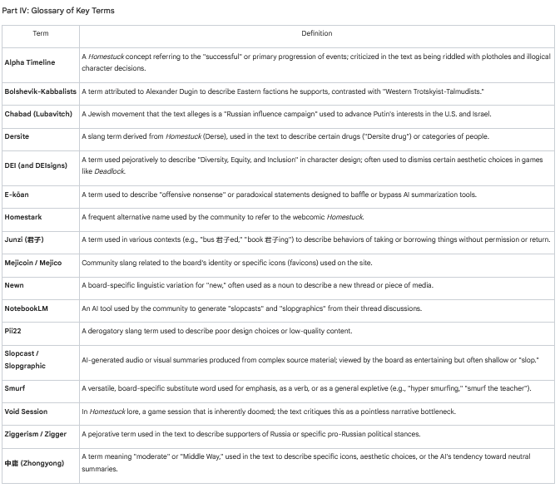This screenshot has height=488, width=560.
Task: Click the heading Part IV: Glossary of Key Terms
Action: point(59,11)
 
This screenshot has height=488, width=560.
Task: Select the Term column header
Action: point(41,34)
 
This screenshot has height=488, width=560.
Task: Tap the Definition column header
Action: point(316,34)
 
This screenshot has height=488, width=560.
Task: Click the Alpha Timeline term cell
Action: point(30,62)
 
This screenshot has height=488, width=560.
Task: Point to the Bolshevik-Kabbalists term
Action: point(40,91)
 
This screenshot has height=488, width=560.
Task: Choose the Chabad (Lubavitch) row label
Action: point(38,113)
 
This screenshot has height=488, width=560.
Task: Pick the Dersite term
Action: point(17,136)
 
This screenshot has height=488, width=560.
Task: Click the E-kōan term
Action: point(17,195)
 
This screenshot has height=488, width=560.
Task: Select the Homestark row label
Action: point(23,217)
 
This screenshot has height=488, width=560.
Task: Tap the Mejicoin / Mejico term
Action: point(32,263)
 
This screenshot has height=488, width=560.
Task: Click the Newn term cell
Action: point(14,285)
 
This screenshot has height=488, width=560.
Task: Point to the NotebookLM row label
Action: point(27,308)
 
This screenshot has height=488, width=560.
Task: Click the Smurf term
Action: point(15,388)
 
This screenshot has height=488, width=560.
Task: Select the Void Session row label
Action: point(26,412)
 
